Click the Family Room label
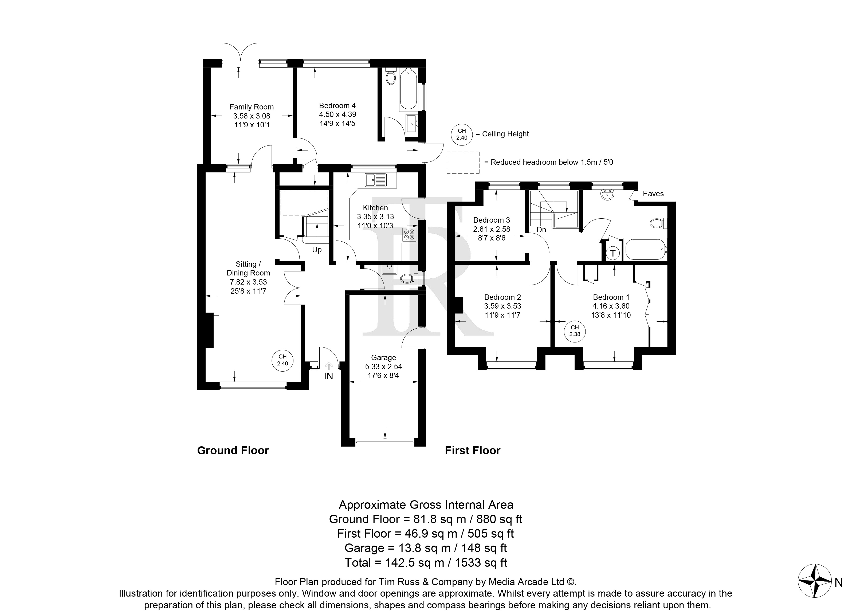(x=252, y=107)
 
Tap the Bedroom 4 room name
(x=337, y=106)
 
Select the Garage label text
(x=383, y=357)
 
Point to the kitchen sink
(x=376, y=180)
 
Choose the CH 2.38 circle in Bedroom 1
(x=575, y=331)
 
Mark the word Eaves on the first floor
(x=653, y=194)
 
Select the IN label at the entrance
(x=328, y=376)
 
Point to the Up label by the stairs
(x=317, y=250)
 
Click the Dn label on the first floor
(x=541, y=230)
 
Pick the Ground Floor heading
(x=233, y=451)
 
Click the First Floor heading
(x=472, y=451)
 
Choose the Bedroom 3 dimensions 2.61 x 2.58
(x=492, y=229)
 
